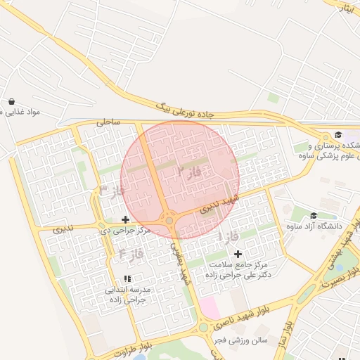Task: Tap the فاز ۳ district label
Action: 112,191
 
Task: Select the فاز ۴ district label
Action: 131,252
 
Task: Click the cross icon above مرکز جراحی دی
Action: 126,219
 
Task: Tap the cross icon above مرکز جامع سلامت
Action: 238,254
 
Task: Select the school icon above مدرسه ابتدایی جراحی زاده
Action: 127,278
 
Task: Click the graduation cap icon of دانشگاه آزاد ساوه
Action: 313,215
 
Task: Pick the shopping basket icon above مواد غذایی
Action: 12,101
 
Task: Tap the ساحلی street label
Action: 109,122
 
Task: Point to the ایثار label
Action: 347,8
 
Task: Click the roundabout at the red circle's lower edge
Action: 169,221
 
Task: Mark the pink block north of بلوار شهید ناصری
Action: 209,307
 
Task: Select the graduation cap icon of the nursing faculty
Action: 337,135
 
